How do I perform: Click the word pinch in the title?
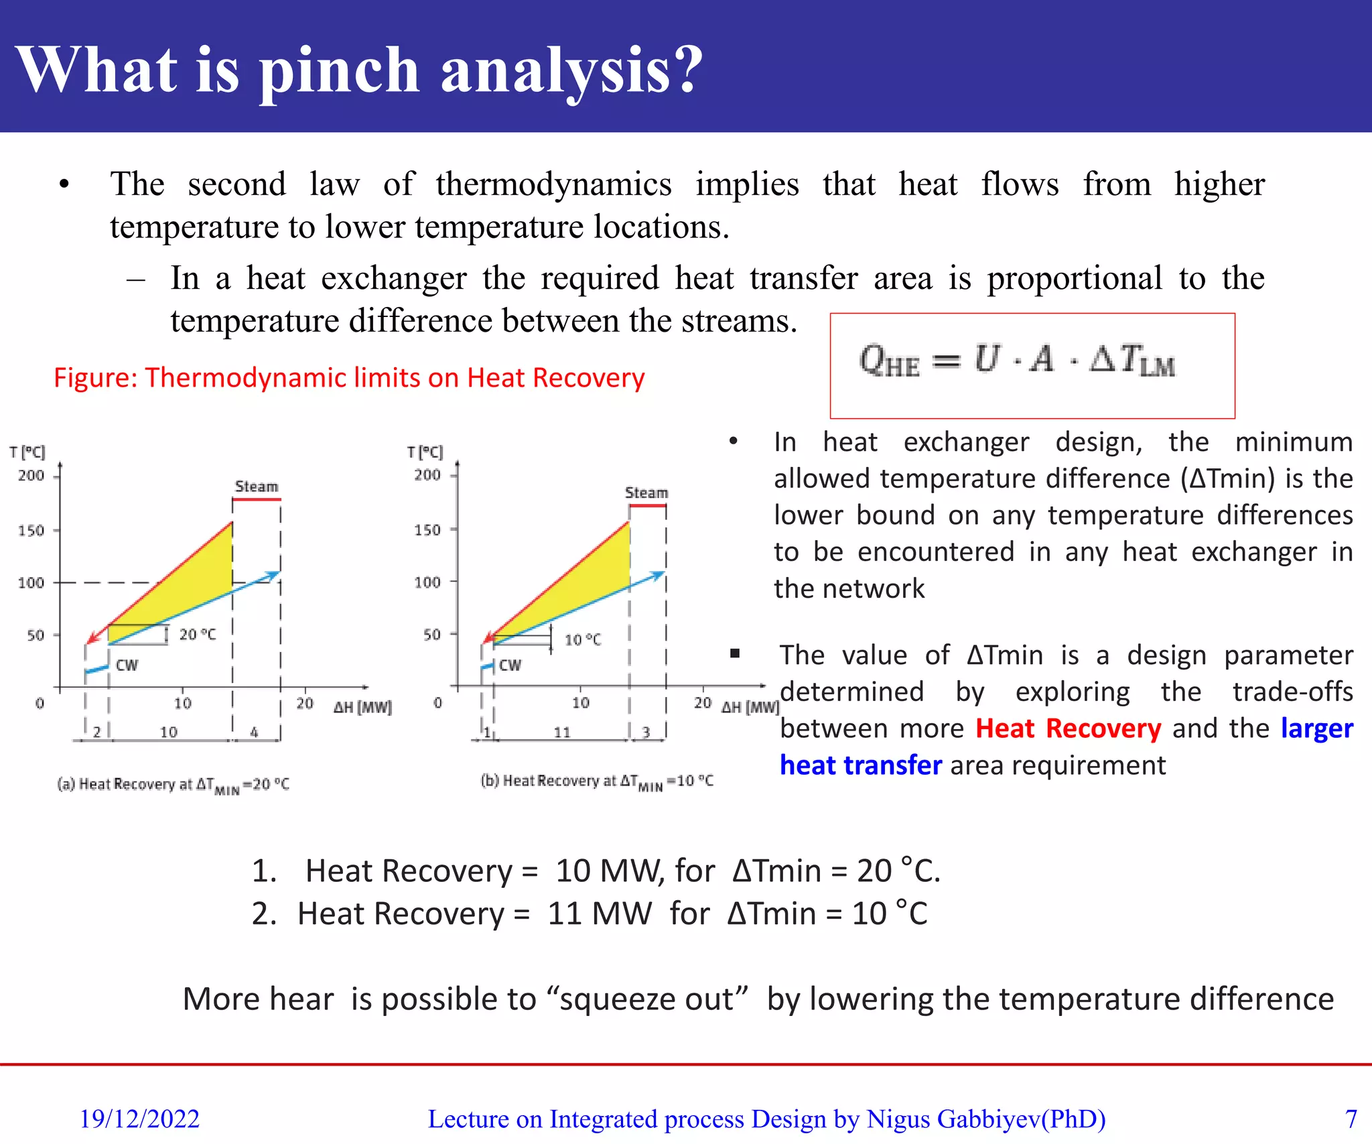pyautogui.click(x=339, y=72)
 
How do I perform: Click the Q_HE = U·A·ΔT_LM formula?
pyautogui.click(x=1017, y=360)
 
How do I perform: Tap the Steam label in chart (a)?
pyautogui.click(x=256, y=487)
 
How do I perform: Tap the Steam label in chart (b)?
pyautogui.click(x=646, y=493)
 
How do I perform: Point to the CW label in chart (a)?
pyautogui.click(x=127, y=665)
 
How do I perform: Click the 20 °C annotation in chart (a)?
pyautogui.click(x=198, y=634)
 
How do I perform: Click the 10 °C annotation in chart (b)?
pyautogui.click(x=583, y=639)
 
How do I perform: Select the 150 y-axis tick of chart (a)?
pyautogui.click(x=31, y=530)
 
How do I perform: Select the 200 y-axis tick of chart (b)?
pyautogui.click(x=427, y=474)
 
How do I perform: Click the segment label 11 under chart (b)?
pyautogui.click(x=561, y=733)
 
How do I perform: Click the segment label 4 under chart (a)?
pyautogui.click(x=254, y=732)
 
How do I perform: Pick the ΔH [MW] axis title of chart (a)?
pyautogui.click(x=362, y=707)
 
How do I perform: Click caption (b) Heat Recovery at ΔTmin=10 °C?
pyautogui.click(x=597, y=781)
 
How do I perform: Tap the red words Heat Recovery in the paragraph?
pyautogui.click(x=1068, y=728)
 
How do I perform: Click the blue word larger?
pyautogui.click(x=1316, y=728)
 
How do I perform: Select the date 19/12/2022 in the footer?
pyautogui.click(x=139, y=1119)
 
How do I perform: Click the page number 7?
pyautogui.click(x=1351, y=1119)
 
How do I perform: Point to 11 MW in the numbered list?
pyautogui.click(x=599, y=913)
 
